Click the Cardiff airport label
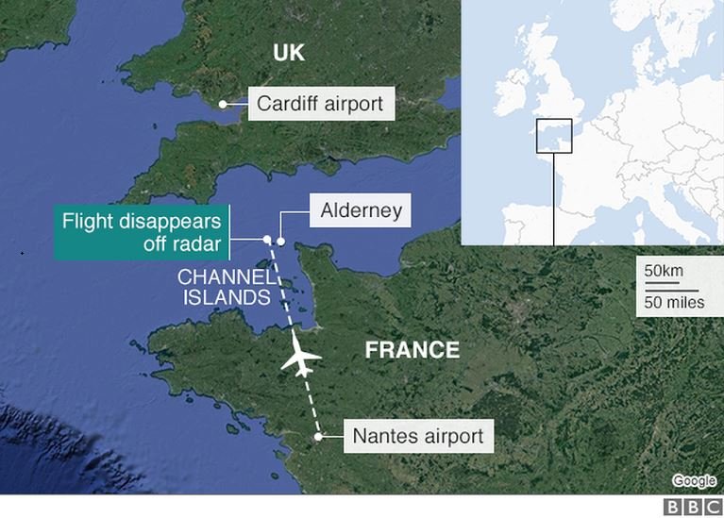321,103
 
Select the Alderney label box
361,209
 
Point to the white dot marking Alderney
280,241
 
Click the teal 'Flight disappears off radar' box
142,233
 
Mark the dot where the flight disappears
267,239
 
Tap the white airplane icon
301,359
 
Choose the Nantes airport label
417,436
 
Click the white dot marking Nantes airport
319,436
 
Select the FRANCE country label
413,350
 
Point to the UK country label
289,53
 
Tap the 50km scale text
664,271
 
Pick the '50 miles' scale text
673,302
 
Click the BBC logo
692,507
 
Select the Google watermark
694,481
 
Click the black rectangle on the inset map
554,136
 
